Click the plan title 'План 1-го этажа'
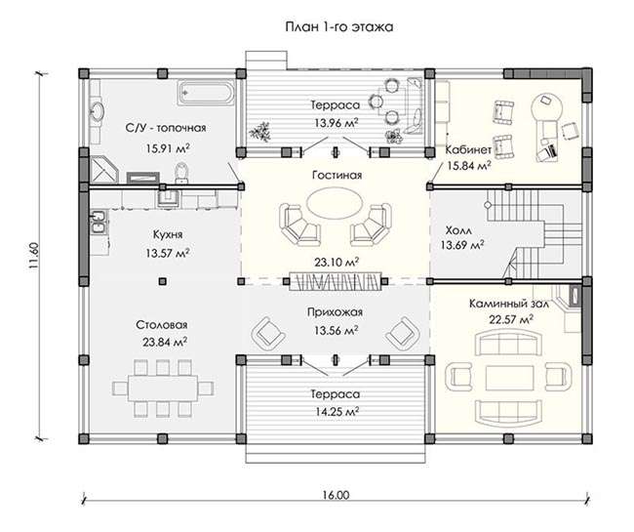tap(339, 27)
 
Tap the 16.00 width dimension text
tap(336, 495)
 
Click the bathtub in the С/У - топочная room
tap(206, 94)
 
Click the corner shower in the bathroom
tap(102, 170)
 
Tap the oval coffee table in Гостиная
tap(334, 204)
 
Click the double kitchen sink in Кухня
tap(99, 223)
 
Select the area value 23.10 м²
tap(337, 263)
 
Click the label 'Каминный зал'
tap(508, 304)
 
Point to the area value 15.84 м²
tap(469, 166)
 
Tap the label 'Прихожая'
tap(335, 312)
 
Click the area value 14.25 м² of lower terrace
tap(337, 411)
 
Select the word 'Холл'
tap(458, 230)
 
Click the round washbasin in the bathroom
tap(98, 111)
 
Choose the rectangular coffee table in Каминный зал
tap(509, 378)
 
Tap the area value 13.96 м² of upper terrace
tap(337, 123)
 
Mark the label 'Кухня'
tap(168, 234)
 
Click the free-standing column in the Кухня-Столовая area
tap(163, 281)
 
